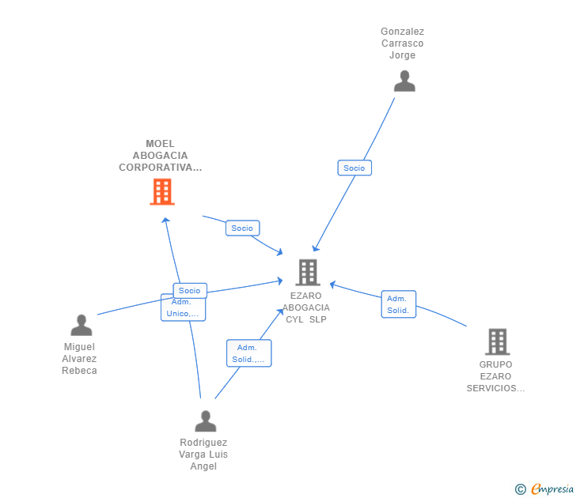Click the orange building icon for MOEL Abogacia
162,191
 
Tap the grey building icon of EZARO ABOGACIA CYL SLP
307,272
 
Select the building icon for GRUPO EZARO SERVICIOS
497,341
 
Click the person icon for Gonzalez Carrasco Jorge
404,81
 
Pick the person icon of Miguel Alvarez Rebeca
81,325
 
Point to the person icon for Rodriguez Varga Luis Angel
205,421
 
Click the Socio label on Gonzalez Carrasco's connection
354,168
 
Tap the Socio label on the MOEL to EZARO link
242,228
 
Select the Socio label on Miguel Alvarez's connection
190,290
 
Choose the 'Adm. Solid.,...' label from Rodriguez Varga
248,353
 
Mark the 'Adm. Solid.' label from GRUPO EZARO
398,304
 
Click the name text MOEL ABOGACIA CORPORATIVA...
161,156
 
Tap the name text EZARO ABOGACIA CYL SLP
306,307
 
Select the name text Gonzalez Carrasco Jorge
402,43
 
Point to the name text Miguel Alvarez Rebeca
79,359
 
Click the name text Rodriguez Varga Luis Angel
203,455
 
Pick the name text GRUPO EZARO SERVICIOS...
495,376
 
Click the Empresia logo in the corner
552,489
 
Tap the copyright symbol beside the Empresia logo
520,489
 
